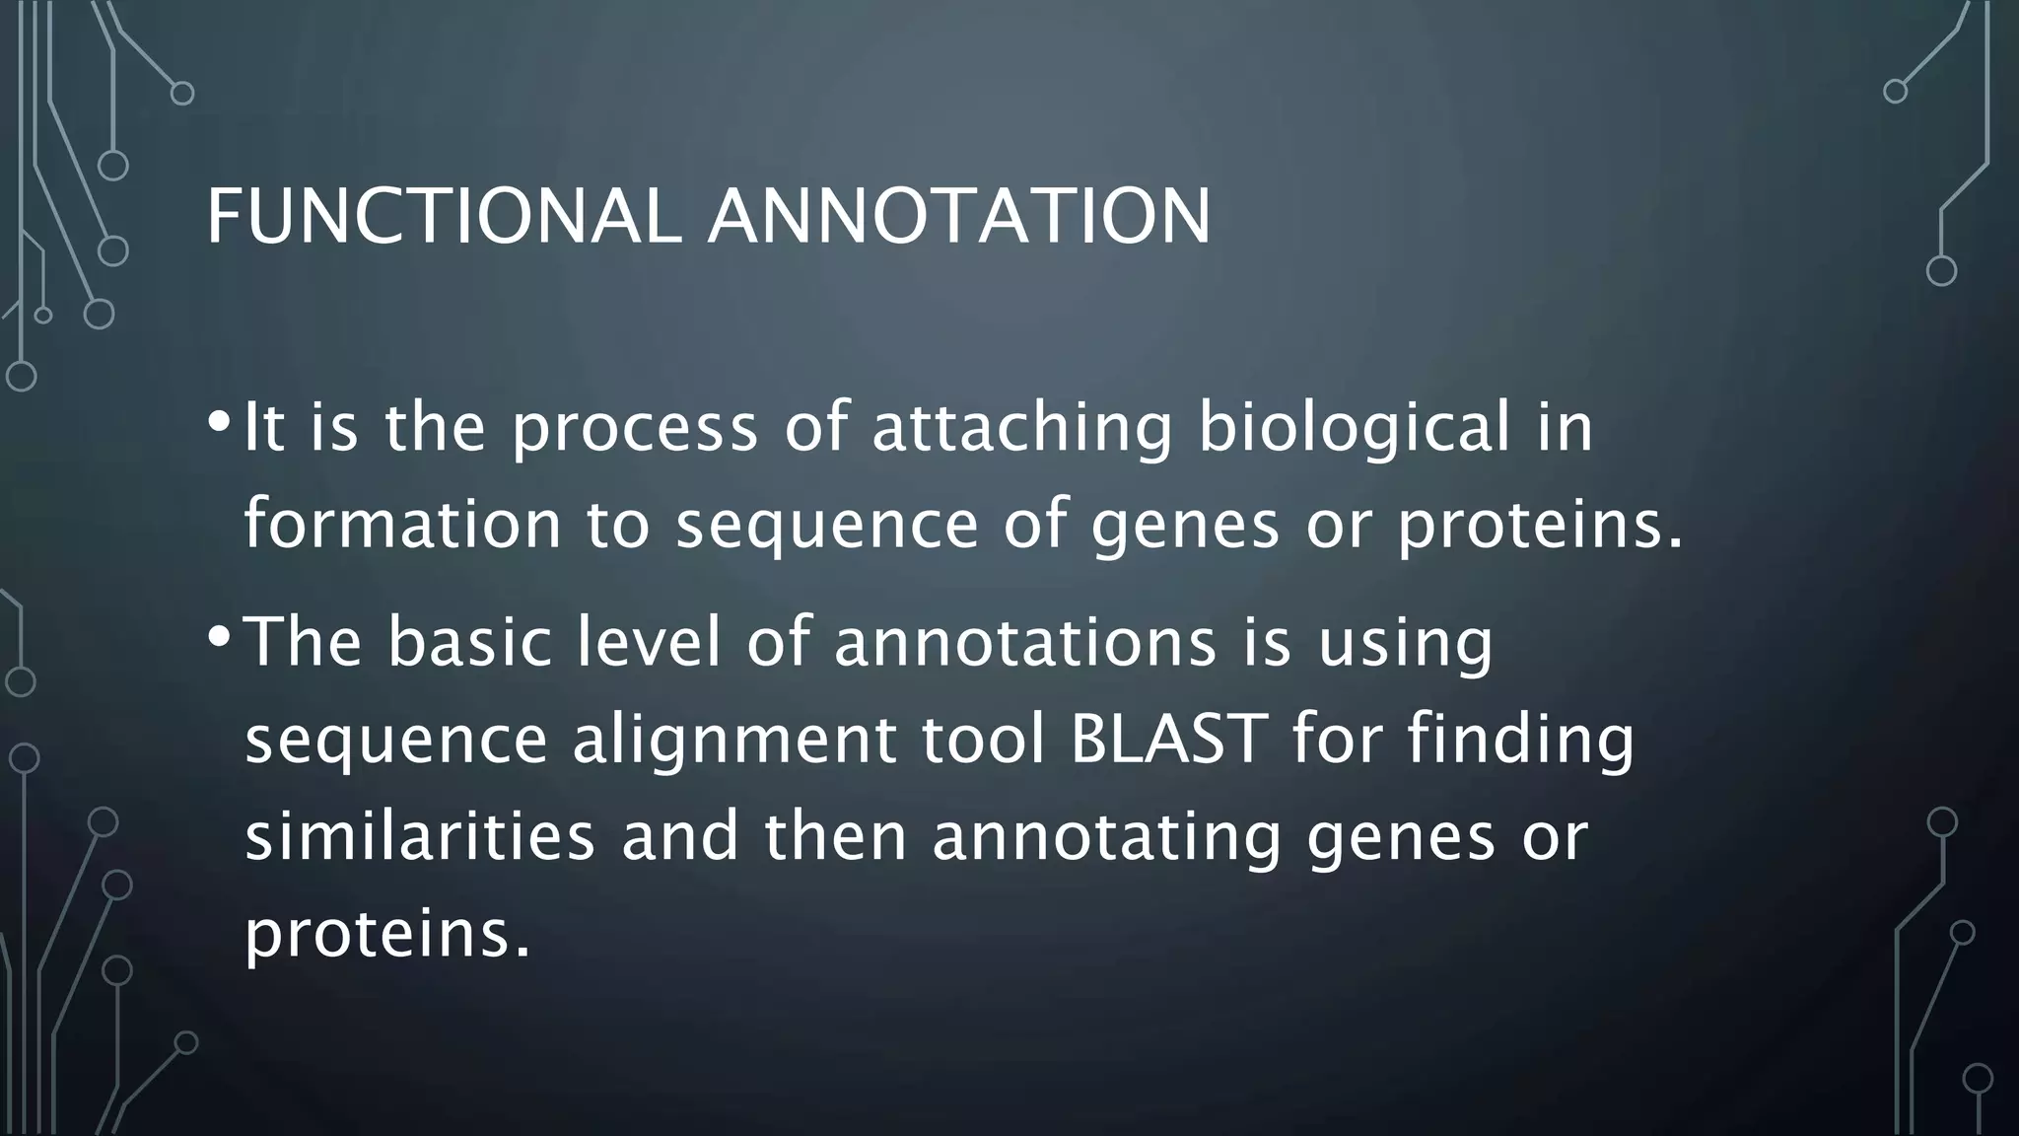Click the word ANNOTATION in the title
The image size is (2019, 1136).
[958, 216]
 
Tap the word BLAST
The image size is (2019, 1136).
[1168, 739]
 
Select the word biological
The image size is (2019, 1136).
[1354, 429]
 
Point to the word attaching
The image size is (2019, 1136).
[1022, 429]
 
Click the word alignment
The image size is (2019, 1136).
[733, 739]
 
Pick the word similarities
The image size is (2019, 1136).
[420, 835]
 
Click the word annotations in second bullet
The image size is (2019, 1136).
[1025, 642]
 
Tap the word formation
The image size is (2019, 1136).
[402, 524]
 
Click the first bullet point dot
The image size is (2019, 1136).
[218, 422]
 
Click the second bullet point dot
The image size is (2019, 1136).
[218, 636]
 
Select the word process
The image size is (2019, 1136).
[635, 429]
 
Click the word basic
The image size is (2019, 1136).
[469, 642]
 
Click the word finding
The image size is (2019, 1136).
[1521, 739]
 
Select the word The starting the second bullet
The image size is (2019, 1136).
[304, 642]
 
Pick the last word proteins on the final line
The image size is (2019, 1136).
[386, 932]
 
